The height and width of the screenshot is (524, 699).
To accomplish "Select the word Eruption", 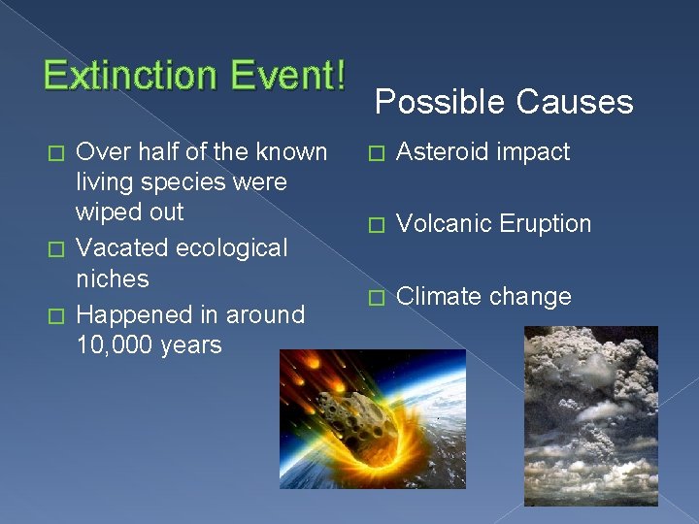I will click(545, 224).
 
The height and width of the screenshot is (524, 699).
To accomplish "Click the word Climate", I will click(439, 296).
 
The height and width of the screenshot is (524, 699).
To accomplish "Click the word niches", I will click(112, 279).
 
